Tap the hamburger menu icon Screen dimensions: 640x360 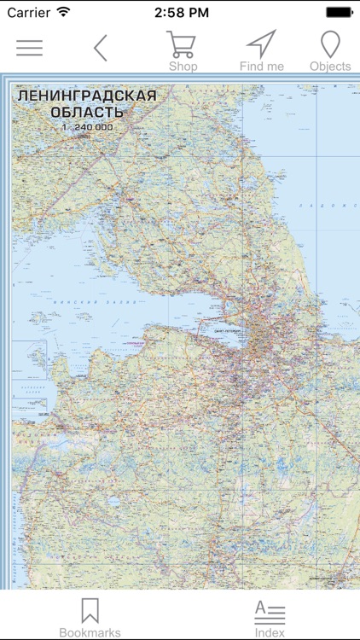(29, 48)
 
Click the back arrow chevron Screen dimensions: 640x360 (101, 48)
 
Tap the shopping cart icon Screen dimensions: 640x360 (182, 44)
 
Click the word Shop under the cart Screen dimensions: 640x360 (183, 66)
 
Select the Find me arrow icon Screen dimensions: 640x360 (260, 44)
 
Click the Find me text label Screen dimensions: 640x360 (260, 66)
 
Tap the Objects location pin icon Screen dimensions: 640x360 (329, 44)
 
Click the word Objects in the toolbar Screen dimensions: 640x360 (330, 66)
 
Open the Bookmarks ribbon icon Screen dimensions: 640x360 (90, 610)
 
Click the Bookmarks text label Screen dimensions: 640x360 (90, 632)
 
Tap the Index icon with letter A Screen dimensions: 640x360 (270, 611)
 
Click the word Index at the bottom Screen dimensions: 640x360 (270, 632)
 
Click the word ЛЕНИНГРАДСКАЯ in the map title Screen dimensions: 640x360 (87, 96)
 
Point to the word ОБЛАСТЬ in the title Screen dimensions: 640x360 (87, 113)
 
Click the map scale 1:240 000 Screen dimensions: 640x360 (87, 127)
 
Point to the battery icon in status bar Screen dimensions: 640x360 (340, 12)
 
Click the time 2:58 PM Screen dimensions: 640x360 (182, 12)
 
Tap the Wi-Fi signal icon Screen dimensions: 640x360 (64, 12)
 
